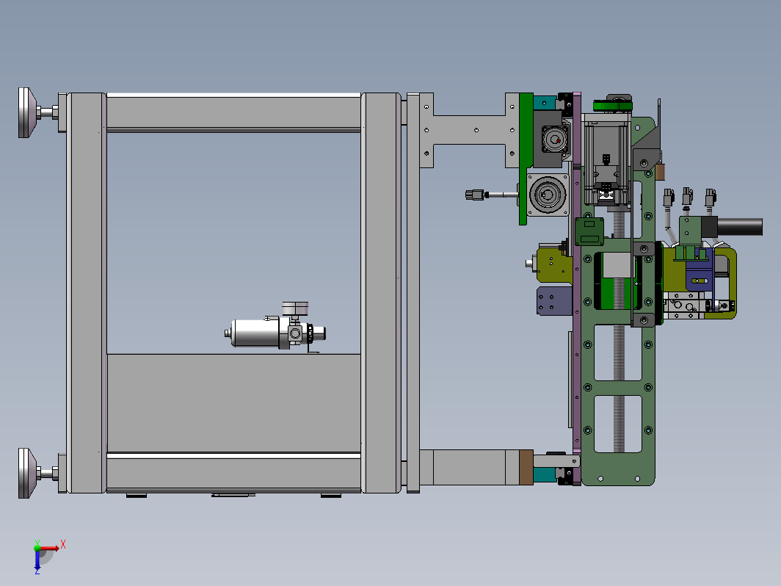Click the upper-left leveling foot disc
(27, 112)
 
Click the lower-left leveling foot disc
(27, 473)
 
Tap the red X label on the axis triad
(63, 544)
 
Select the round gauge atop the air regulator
(295, 308)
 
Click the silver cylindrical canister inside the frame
(255, 333)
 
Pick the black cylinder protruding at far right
(740, 227)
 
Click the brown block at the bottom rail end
(526, 467)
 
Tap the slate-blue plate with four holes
(554, 301)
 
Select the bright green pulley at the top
(612, 106)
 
